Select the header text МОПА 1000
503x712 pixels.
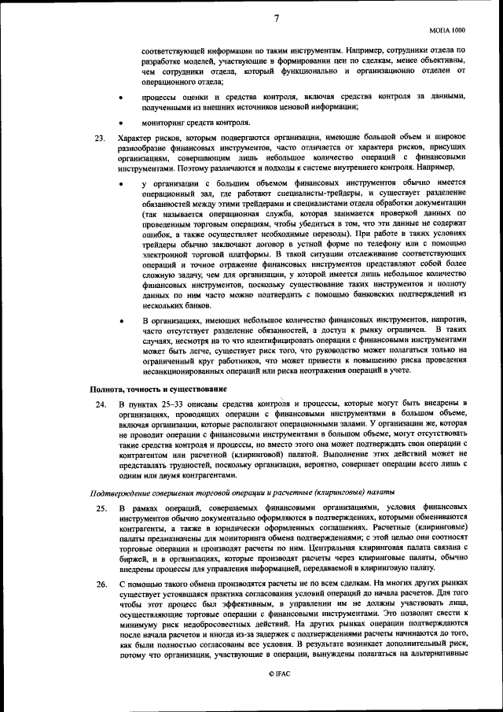(448, 29)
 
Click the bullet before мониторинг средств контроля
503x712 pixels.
(120, 123)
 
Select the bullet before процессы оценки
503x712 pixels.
(120, 97)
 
